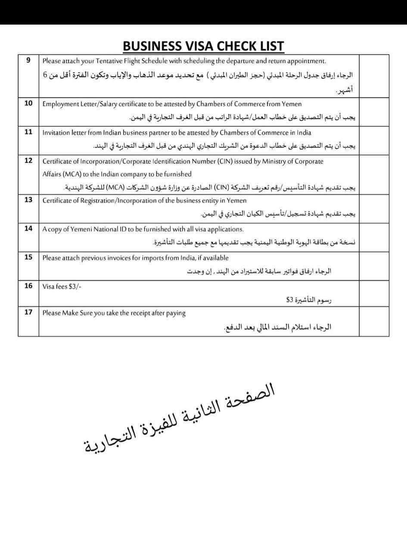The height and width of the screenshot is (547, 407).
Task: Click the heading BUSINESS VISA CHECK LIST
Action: (x=203, y=46)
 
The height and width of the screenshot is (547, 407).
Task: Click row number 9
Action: (x=28, y=60)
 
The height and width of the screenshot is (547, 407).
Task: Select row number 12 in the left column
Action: (x=28, y=161)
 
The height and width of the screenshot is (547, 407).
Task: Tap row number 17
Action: (x=28, y=312)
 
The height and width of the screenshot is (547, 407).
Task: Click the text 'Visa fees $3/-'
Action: (x=62, y=286)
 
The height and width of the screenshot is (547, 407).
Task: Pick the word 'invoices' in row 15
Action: (x=113, y=258)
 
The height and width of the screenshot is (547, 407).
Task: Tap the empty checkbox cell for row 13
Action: (x=373, y=208)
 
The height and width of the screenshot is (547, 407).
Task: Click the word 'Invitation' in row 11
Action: (x=57, y=133)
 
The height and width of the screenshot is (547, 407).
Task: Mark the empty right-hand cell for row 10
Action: (x=373, y=111)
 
